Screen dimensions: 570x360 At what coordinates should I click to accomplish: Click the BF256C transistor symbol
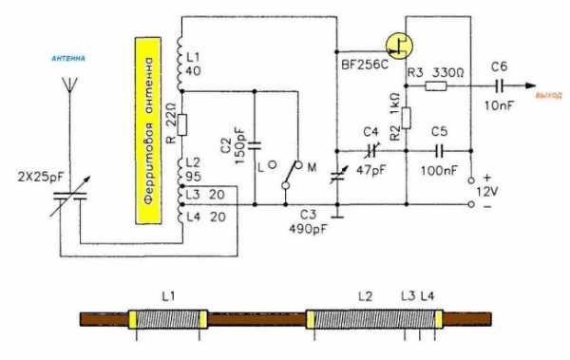click(x=399, y=46)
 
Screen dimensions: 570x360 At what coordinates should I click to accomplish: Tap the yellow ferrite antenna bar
click(x=148, y=130)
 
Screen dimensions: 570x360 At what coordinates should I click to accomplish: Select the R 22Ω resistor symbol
click(x=182, y=124)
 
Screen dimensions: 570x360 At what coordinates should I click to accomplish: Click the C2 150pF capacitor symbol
click(x=255, y=146)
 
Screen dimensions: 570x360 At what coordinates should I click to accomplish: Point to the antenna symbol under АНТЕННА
click(x=69, y=85)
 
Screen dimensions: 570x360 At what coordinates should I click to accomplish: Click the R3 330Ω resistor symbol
click(x=436, y=86)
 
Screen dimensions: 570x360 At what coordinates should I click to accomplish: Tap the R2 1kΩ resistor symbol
click(x=406, y=118)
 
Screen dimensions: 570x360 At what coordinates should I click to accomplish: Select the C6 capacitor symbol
click(x=500, y=86)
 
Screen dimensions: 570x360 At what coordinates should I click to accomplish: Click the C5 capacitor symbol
click(x=439, y=151)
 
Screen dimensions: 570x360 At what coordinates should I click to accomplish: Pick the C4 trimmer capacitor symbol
click(x=371, y=150)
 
